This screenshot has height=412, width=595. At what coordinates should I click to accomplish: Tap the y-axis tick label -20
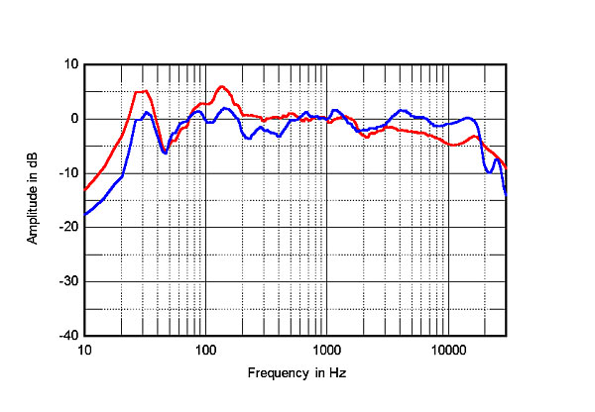(69, 228)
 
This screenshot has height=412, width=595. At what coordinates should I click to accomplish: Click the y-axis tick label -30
(69, 282)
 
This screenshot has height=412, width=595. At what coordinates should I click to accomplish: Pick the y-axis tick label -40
(69, 337)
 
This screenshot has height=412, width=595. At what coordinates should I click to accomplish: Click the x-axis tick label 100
(205, 351)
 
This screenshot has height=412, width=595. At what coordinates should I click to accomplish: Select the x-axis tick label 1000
(326, 351)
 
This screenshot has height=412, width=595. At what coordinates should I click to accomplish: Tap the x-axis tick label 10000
(447, 351)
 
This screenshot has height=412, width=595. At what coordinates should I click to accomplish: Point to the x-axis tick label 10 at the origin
(85, 351)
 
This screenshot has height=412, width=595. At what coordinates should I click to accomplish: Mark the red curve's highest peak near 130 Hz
(221, 86)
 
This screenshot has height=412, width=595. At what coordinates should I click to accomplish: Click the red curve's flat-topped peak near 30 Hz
(142, 92)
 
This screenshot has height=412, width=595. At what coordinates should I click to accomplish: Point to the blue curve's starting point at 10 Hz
(86, 214)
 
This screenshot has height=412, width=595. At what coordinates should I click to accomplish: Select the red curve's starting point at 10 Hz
(86, 188)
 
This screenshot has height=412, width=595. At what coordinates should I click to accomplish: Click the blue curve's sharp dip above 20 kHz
(490, 171)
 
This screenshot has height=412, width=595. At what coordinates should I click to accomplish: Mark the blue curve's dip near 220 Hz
(248, 138)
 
